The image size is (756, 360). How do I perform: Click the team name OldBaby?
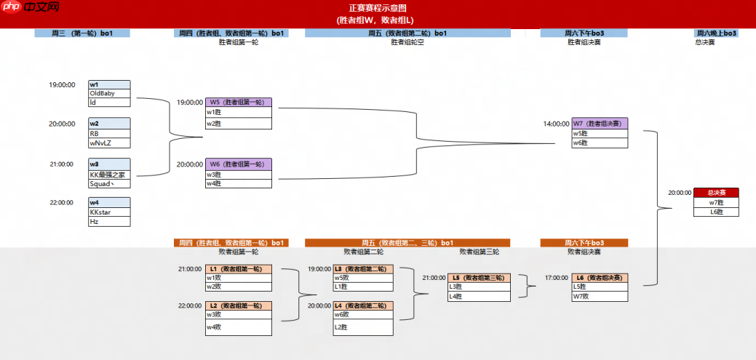(x=102, y=93)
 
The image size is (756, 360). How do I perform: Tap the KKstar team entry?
(x=100, y=212)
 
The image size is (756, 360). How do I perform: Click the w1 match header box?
(x=109, y=84)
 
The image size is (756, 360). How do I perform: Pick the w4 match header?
(x=109, y=202)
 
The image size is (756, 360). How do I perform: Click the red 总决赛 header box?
(x=716, y=193)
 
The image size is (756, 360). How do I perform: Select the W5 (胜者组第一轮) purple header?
(x=238, y=103)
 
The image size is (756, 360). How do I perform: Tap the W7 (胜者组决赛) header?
(x=600, y=124)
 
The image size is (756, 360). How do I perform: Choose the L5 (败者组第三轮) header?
(x=479, y=278)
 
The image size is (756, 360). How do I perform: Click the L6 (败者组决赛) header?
(x=600, y=278)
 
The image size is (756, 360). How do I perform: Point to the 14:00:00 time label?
(x=556, y=124)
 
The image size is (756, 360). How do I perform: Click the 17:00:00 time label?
(x=556, y=278)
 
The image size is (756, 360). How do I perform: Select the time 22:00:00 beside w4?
(x=62, y=202)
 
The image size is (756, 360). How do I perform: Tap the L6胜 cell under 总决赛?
(x=716, y=212)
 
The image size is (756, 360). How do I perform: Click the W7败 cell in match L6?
(x=600, y=296)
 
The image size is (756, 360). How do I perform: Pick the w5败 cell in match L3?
(x=362, y=278)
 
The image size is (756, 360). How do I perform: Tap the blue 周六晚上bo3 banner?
(x=717, y=33)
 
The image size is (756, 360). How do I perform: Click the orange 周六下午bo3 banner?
(x=584, y=243)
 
